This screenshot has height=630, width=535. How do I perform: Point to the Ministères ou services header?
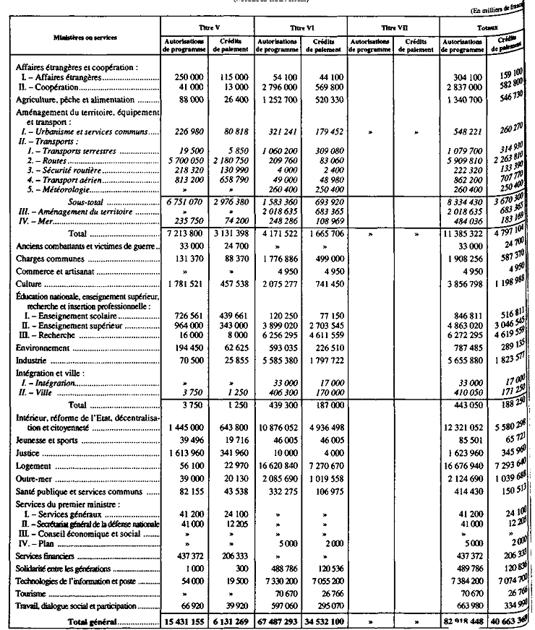85,35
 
